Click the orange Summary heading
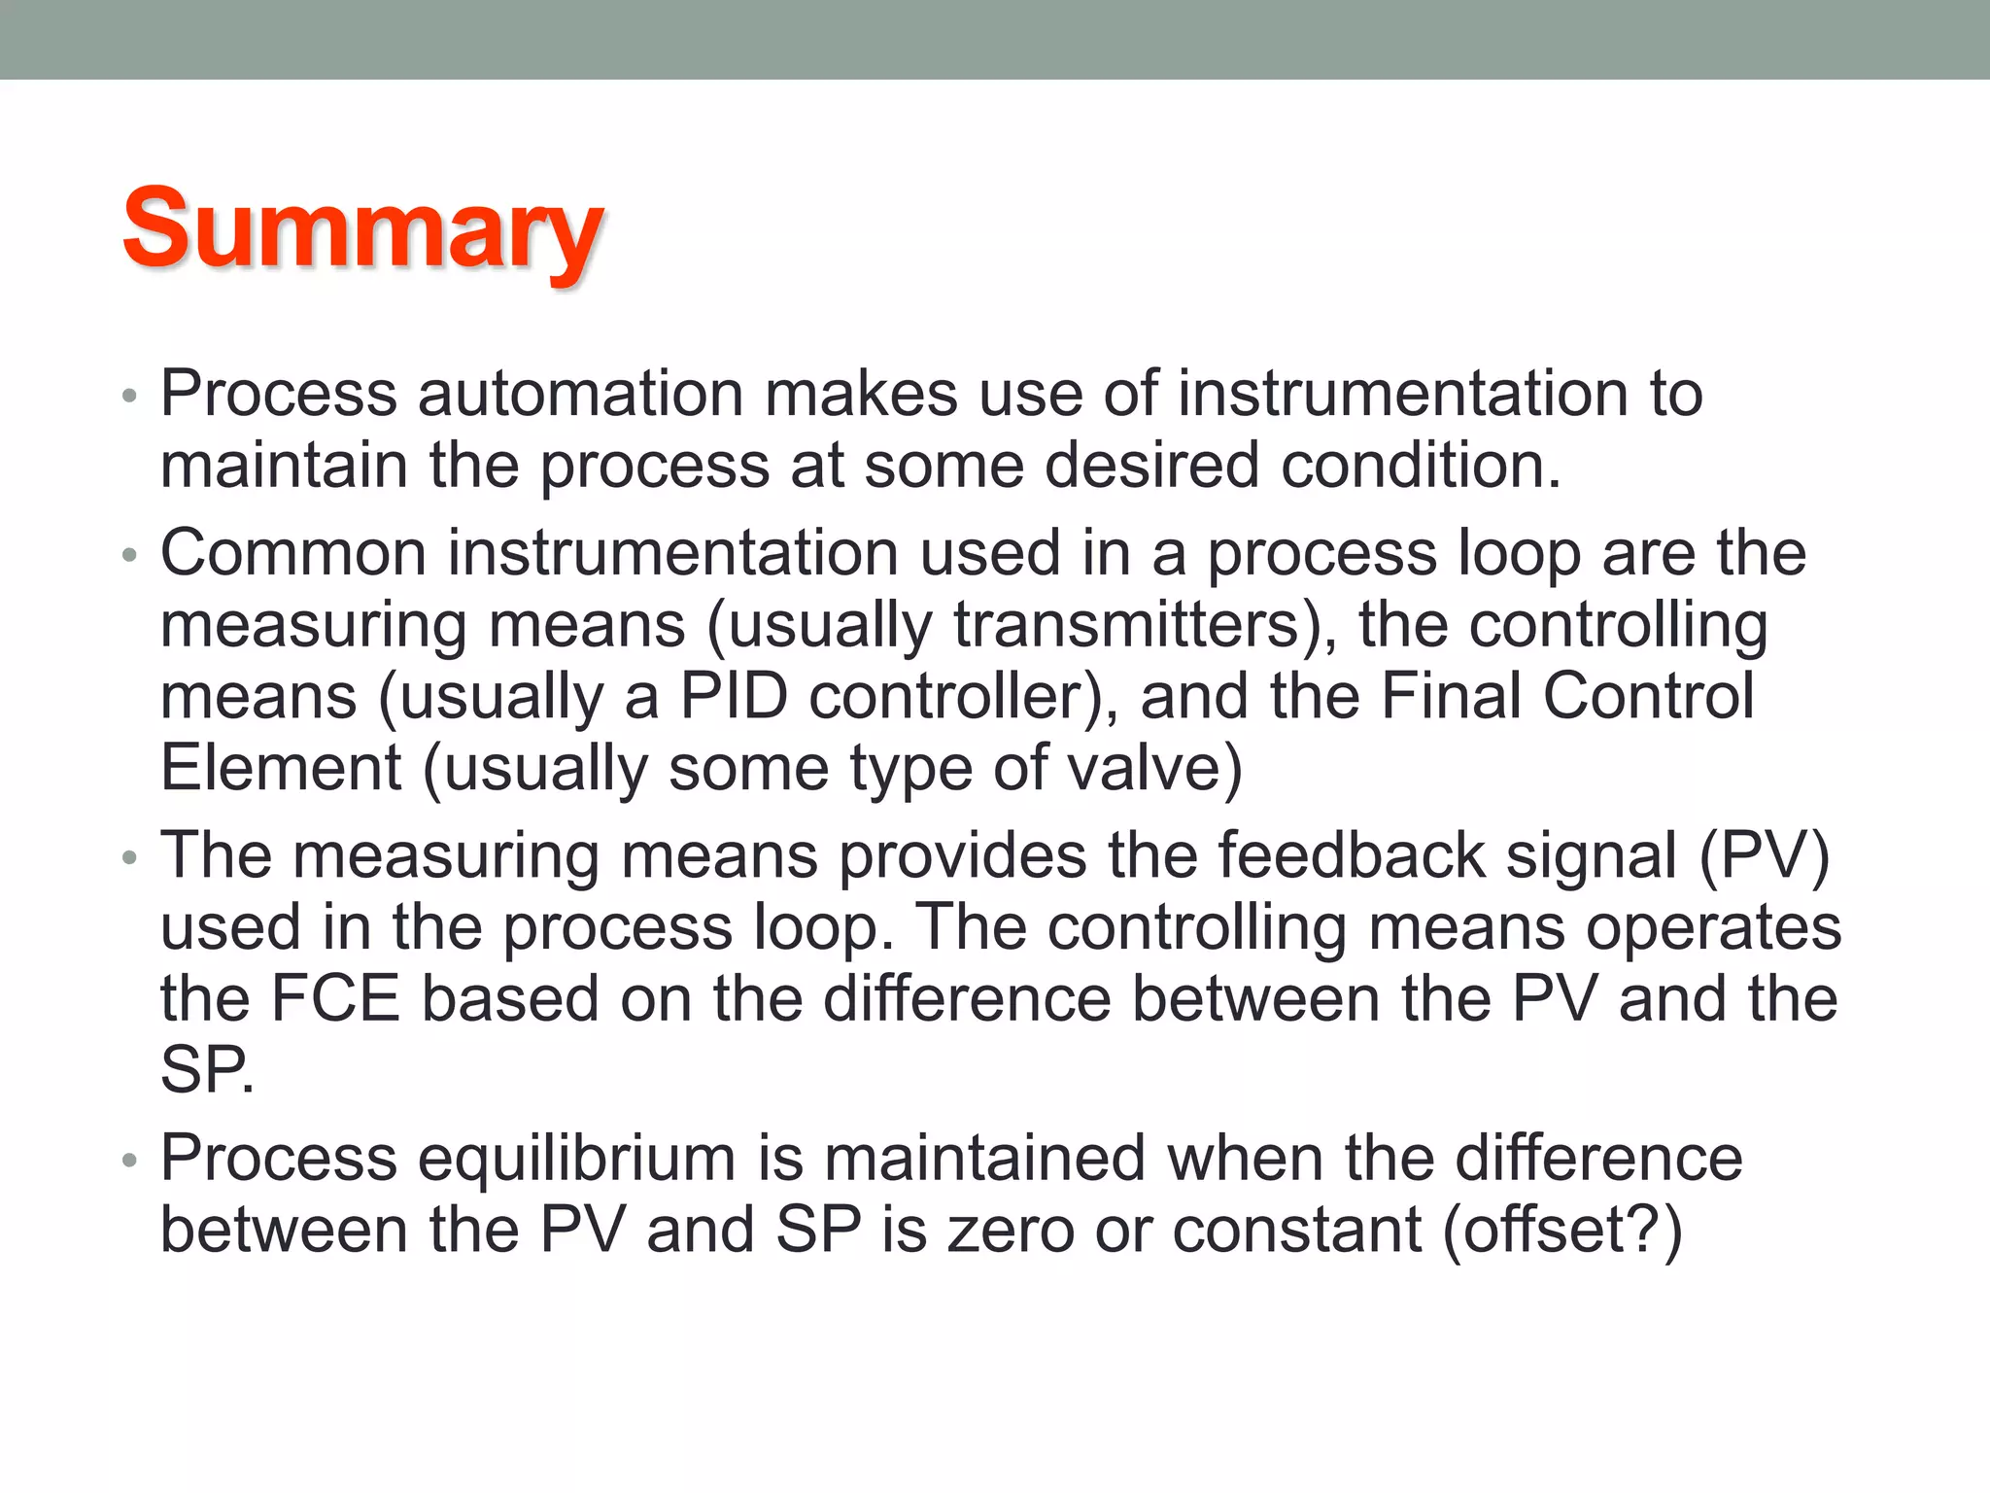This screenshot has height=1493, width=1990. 362,229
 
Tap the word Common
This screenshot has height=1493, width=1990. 293,553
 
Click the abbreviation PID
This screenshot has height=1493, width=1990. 733,696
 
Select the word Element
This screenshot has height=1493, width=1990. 281,768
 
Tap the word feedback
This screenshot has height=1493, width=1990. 1351,856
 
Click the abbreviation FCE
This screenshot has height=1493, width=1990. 335,998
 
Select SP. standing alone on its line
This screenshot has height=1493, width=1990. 207,1070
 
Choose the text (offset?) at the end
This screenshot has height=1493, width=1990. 1562,1230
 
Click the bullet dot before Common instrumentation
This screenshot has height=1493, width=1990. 130,556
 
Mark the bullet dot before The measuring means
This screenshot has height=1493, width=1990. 130,858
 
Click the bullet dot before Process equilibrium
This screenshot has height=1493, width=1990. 130,1161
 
